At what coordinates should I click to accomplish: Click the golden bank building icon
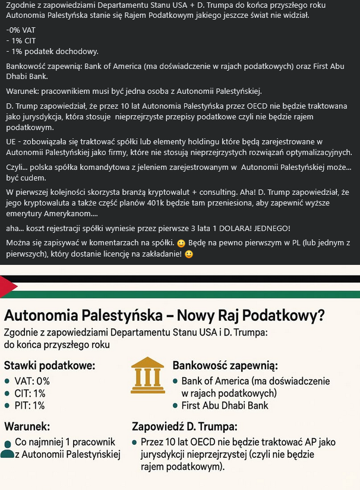click(x=149, y=375)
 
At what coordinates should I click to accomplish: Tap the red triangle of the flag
click(x=8, y=287)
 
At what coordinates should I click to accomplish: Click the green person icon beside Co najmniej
click(x=7, y=449)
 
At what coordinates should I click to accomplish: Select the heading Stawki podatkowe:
click(x=49, y=365)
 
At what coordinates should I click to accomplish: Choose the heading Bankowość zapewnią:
click(x=225, y=365)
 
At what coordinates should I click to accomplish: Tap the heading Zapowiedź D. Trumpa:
click(x=184, y=426)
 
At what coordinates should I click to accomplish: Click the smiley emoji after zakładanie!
click(x=189, y=254)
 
